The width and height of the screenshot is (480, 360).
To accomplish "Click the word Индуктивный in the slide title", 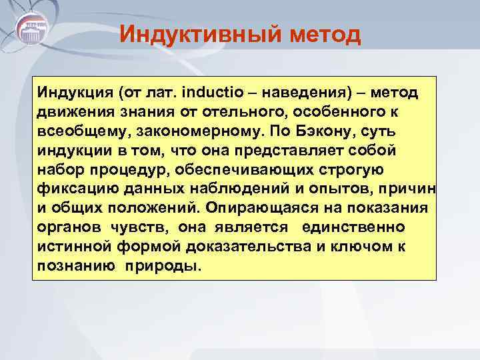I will coord(186,33).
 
